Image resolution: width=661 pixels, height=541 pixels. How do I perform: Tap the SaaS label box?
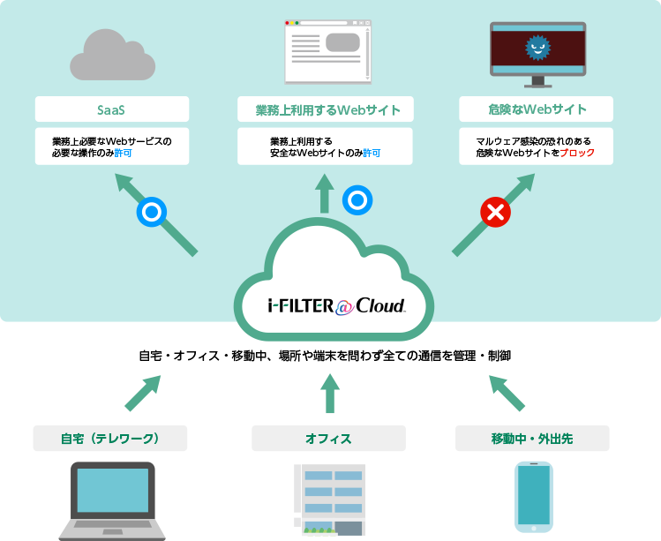point(112,110)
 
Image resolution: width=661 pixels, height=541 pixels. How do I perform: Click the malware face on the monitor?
point(537,48)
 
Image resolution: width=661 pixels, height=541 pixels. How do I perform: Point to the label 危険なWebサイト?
point(537,110)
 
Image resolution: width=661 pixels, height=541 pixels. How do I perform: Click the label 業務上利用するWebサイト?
point(327,110)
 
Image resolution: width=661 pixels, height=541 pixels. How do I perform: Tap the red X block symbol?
point(496,212)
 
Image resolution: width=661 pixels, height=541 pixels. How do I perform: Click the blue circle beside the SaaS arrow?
point(151,213)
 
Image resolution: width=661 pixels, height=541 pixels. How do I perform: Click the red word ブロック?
point(577,153)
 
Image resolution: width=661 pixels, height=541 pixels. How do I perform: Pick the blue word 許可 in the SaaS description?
point(123,153)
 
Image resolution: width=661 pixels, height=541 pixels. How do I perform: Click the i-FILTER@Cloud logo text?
point(335,305)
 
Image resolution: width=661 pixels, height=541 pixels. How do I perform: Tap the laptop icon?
point(112,500)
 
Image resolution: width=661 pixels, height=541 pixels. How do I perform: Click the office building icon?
point(328,500)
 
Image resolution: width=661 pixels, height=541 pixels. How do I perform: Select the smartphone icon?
point(534,496)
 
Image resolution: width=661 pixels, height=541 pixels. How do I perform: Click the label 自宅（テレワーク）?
point(110,439)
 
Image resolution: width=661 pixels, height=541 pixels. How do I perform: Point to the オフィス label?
point(328,439)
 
